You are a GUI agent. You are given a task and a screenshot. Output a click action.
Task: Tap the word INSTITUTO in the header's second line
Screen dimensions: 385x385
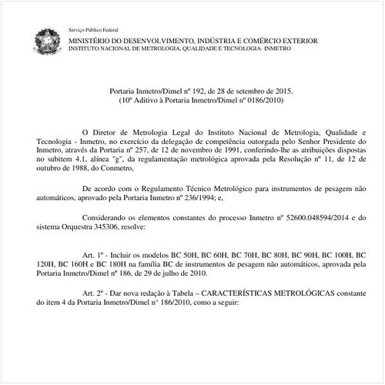(x=86, y=46)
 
